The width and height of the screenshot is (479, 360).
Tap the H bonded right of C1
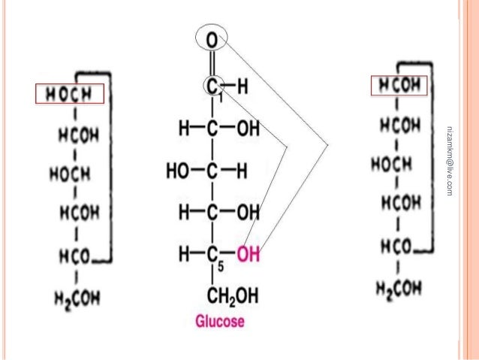242,87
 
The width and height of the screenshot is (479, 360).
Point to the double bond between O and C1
212,62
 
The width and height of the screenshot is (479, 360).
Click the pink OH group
248,255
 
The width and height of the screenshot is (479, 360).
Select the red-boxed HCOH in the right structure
399,86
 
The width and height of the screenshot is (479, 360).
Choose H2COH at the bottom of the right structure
397,286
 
